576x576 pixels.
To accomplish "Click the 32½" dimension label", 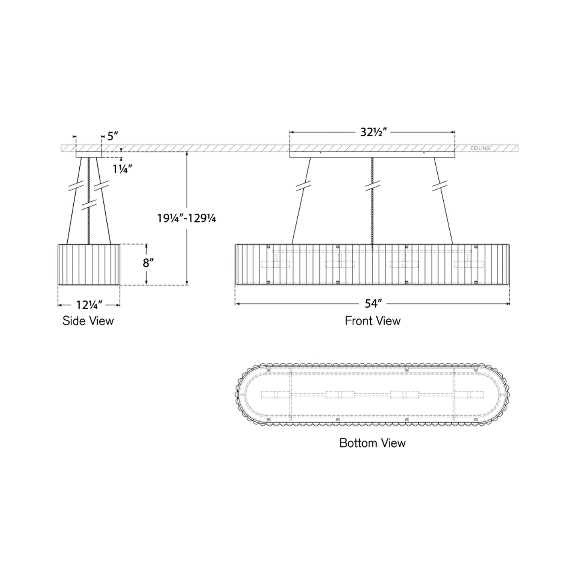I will pyautogui.click(x=374, y=132).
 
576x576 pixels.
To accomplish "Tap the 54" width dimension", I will pyautogui.click(x=373, y=304).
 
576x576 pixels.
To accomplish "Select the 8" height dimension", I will pyautogui.click(x=148, y=263).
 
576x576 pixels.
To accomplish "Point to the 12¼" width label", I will pyautogui.click(x=89, y=305).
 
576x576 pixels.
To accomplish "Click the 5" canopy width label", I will pyautogui.click(x=113, y=136).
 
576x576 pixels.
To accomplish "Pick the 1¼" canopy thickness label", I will pyautogui.click(x=122, y=169).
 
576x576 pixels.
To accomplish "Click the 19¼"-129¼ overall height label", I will pyautogui.click(x=187, y=218).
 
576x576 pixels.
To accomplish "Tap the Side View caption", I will pyautogui.click(x=88, y=321).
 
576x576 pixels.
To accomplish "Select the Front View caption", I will pyautogui.click(x=373, y=321).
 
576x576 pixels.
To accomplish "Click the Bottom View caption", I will pyautogui.click(x=372, y=443).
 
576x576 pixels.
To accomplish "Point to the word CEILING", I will pyautogui.click(x=480, y=148).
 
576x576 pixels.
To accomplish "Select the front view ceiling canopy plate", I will pyautogui.click(x=372, y=155).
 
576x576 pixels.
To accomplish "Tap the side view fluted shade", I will pyautogui.click(x=89, y=264).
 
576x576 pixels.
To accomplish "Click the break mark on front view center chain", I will pyautogui.click(x=373, y=186).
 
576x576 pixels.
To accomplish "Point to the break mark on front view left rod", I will pyautogui.click(x=304, y=186).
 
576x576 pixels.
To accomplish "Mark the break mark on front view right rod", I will pyautogui.click(x=440, y=186).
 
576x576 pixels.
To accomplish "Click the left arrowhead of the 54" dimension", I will pyautogui.click(x=237, y=304).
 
